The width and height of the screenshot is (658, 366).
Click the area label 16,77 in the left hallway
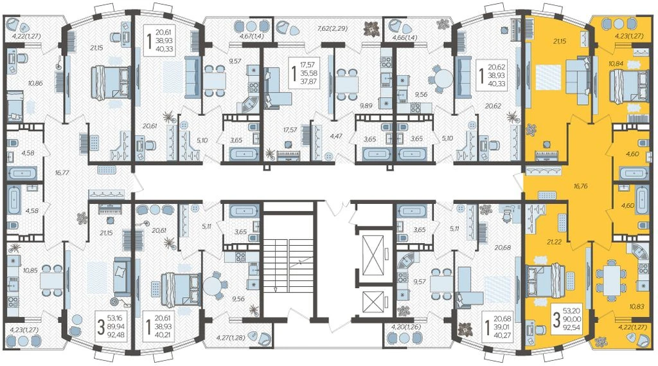click(x=62, y=172)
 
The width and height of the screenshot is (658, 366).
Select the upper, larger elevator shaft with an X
click(x=373, y=255)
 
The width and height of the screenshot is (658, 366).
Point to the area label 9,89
click(x=366, y=106)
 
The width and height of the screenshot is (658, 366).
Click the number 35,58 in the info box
click(x=309, y=73)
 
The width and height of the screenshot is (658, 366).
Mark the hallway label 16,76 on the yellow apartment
click(x=580, y=186)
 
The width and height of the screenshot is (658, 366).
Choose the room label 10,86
click(x=35, y=83)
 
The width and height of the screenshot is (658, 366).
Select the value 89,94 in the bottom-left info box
click(x=116, y=326)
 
